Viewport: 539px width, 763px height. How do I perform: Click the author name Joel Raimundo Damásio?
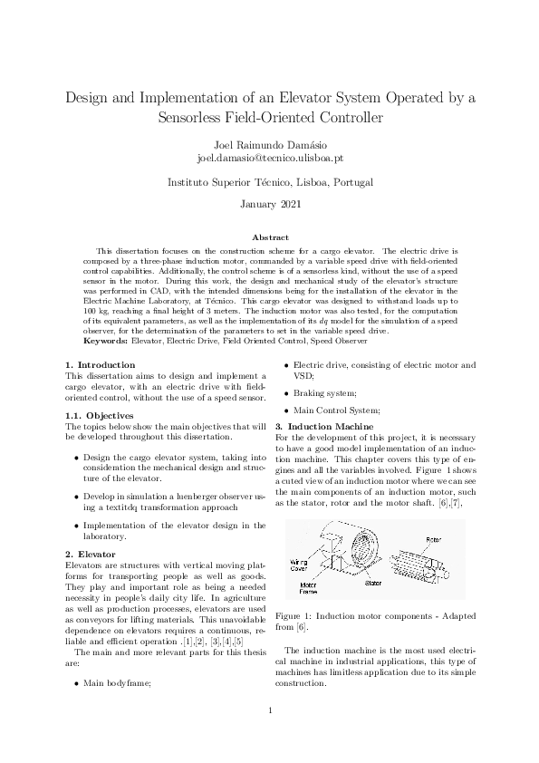click(269, 144)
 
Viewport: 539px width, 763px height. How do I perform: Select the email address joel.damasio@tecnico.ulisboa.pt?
click(269, 158)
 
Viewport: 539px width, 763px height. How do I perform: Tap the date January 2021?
click(269, 204)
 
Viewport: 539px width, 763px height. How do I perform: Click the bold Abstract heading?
click(269, 237)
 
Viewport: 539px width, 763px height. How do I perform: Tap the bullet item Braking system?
click(329, 393)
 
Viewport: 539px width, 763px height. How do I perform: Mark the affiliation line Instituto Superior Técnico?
click(269, 182)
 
